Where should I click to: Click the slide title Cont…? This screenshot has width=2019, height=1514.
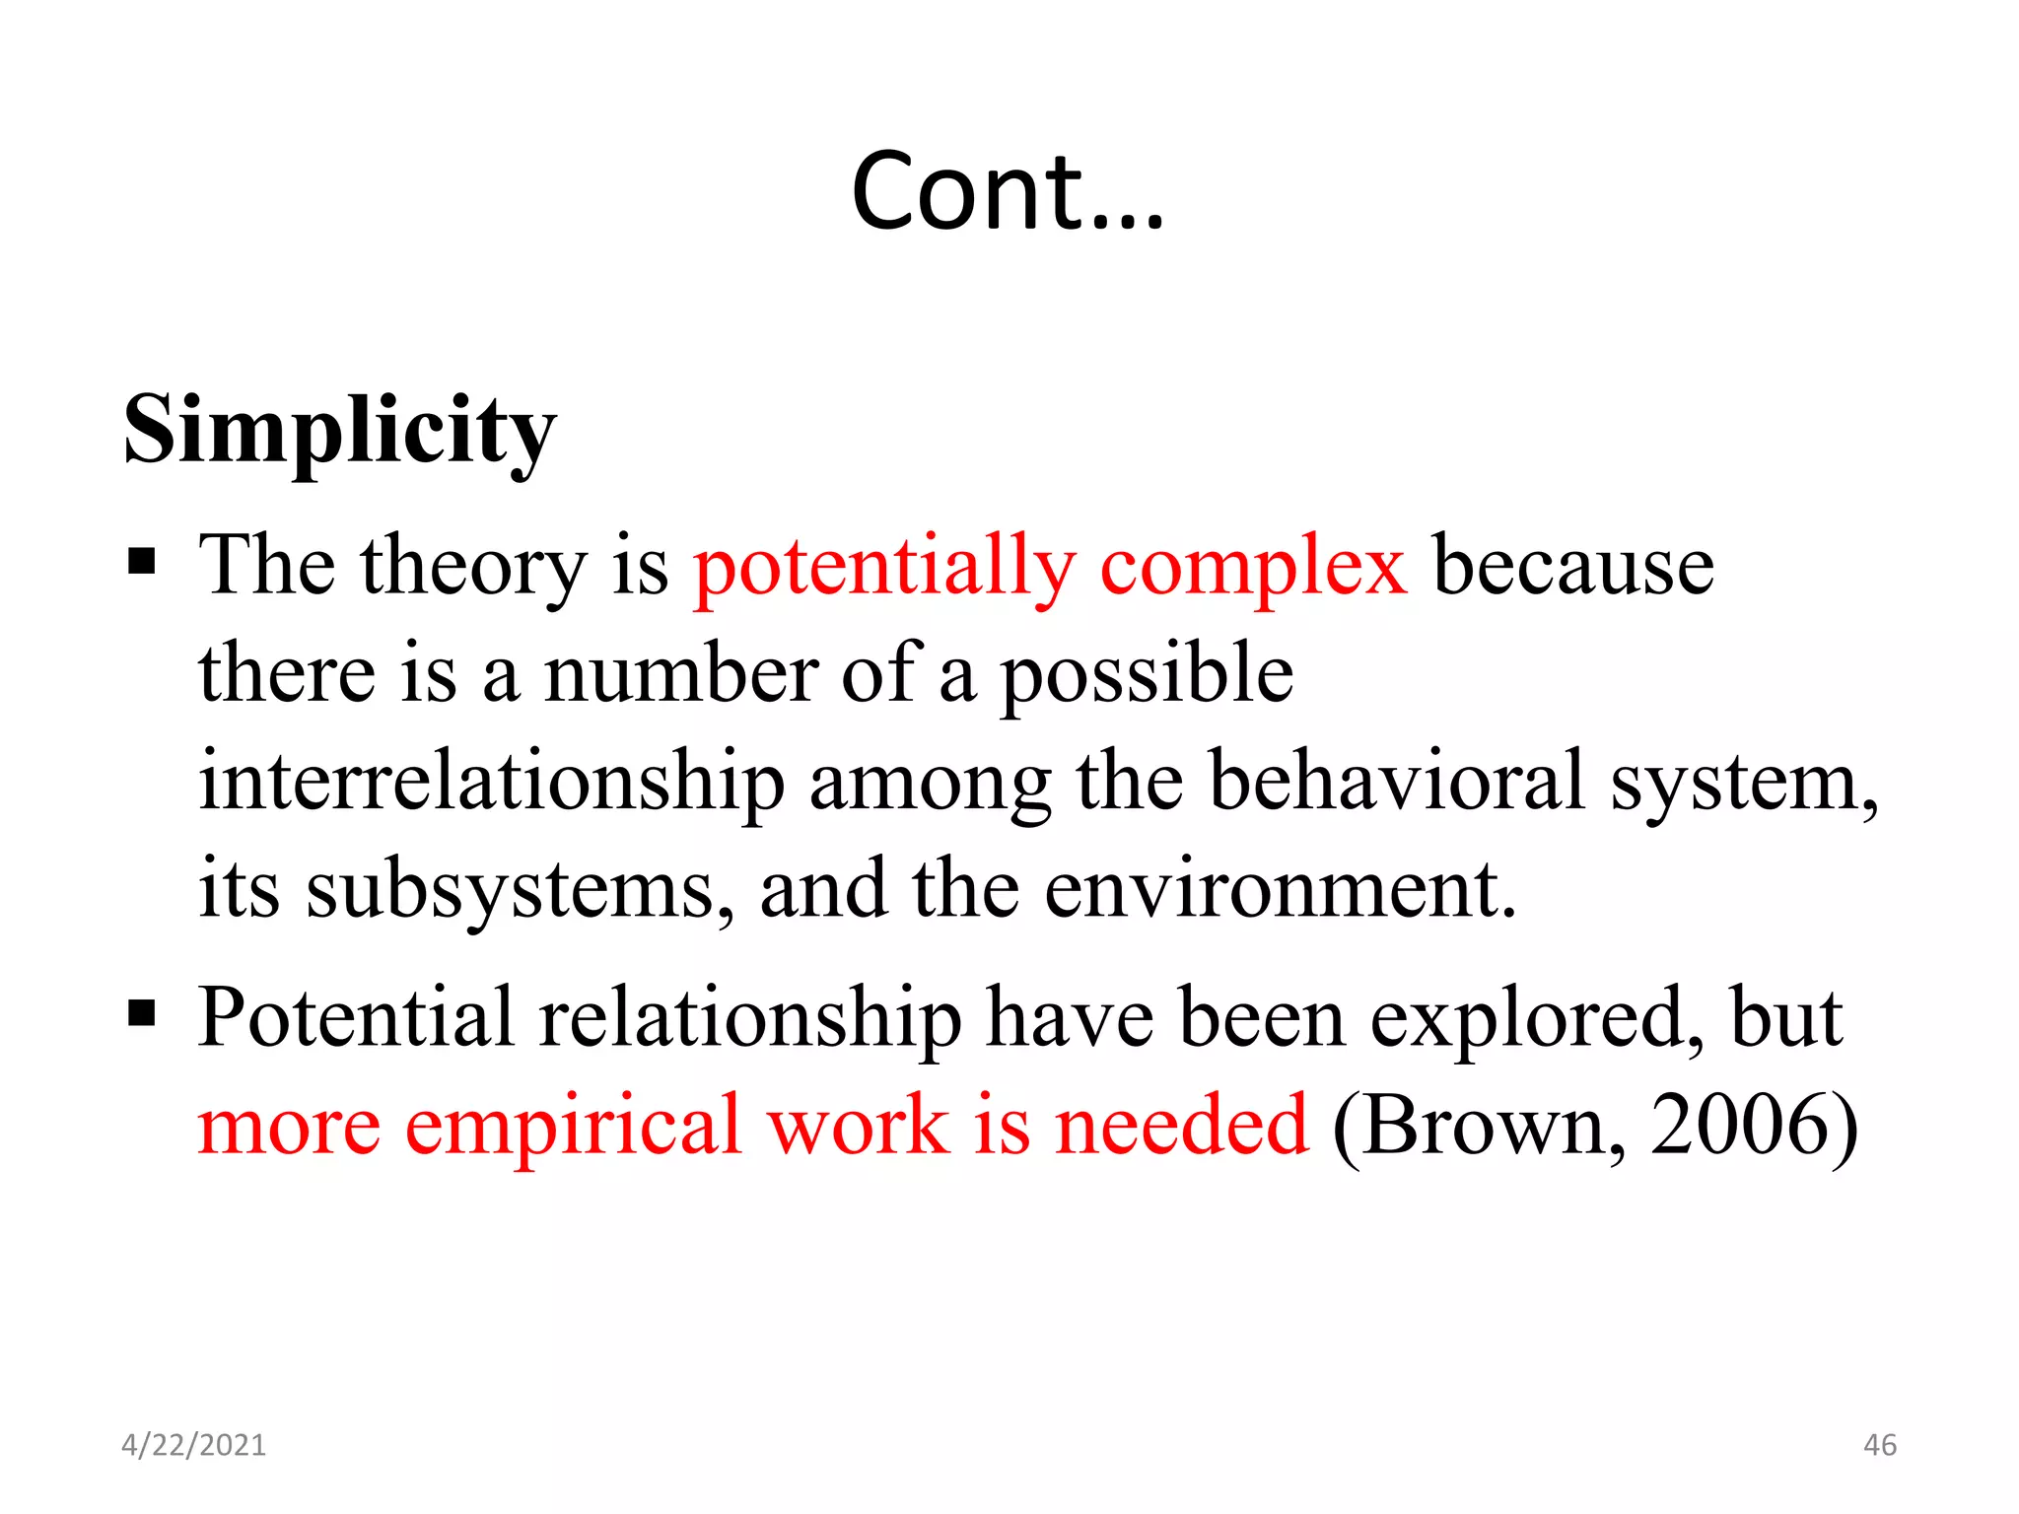[1008, 192]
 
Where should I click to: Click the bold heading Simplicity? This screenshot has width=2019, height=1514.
[340, 430]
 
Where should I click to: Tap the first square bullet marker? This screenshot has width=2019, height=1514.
[142, 563]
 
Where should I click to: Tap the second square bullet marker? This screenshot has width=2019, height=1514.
[142, 1012]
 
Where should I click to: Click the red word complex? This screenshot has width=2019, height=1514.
[1253, 569]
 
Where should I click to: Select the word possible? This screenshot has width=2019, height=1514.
[1147, 676]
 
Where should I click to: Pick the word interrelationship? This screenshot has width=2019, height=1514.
[491, 784]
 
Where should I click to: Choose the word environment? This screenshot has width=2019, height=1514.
[1279, 890]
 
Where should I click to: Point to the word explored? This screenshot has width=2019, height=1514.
[1536, 1020]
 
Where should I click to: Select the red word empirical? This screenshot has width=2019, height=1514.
[573, 1128]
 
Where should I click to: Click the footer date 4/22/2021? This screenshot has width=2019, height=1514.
[193, 1445]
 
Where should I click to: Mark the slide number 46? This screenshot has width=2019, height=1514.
[1879, 1445]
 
